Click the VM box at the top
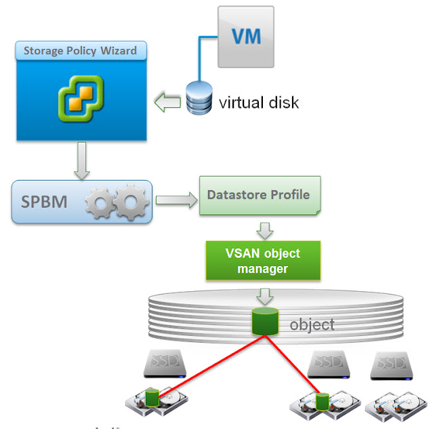(245, 37)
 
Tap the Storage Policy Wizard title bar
(80, 51)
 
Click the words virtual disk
(258, 103)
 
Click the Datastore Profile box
(259, 195)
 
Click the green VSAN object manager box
(263, 261)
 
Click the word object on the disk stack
(312, 324)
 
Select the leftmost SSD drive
(164, 365)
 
